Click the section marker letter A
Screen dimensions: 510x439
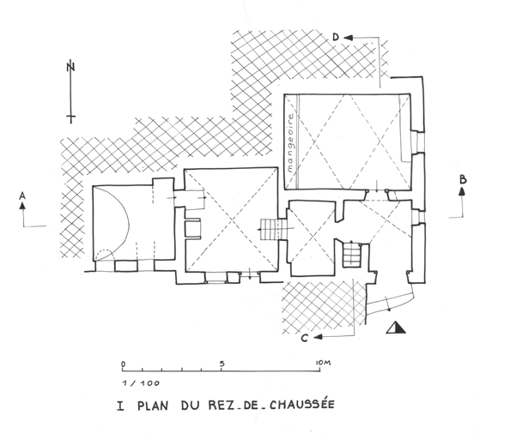(22, 195)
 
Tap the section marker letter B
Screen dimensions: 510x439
(463, 179)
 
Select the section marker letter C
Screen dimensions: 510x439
(304, 338)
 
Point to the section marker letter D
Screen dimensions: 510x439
(336, 37)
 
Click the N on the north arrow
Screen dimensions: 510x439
(70, 67)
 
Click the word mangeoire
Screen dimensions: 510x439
(290, 143)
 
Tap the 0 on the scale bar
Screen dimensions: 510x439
(123, 364)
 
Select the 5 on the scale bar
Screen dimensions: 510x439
(222, 364)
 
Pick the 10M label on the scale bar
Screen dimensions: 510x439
(324, 363)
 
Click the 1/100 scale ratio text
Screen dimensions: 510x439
(141, 383)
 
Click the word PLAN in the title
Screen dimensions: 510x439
(153, 406)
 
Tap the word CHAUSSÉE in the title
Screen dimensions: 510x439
(302, 405)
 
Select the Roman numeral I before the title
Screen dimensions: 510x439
(120, 406)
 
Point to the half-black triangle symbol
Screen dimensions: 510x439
(396, 328)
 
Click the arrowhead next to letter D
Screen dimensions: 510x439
(349, 38)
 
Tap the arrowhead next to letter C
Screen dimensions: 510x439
(318, 337)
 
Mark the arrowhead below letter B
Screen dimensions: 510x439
(462, 191)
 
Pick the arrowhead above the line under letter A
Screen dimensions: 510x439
(22, 206)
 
